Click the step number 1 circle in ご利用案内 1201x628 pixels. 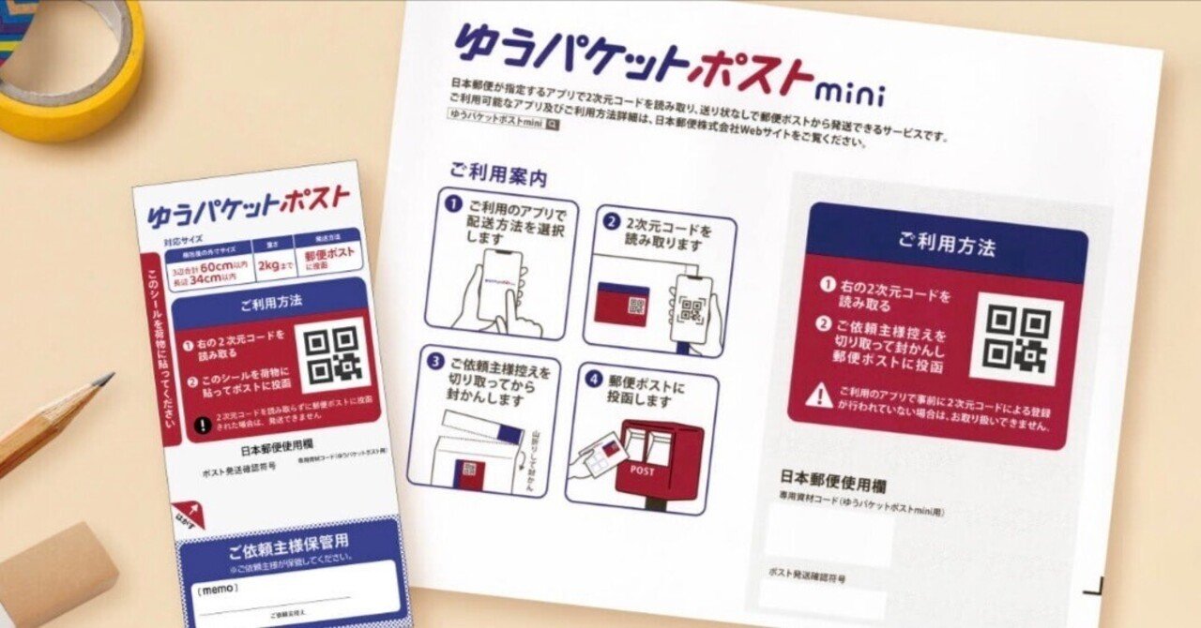point(452,203)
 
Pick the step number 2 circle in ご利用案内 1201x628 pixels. point(612,223)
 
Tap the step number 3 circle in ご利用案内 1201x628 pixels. point(434,361)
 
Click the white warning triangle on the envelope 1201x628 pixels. point(818,396)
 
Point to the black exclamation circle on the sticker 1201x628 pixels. point(202,424)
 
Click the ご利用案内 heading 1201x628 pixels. point(497,174)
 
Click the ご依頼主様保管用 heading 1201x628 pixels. point(289,541)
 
